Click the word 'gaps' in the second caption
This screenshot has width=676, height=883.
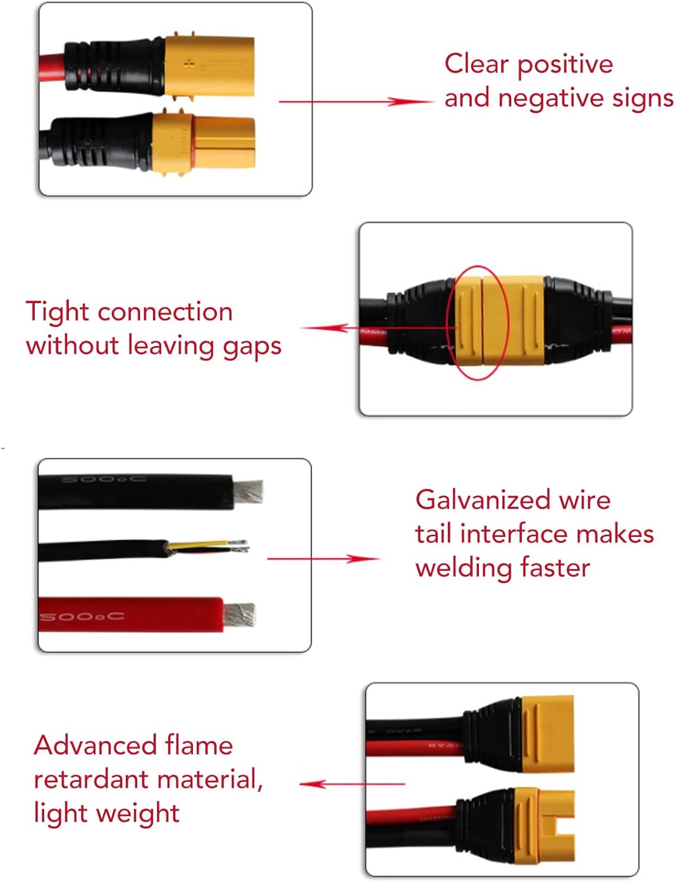(252, 346)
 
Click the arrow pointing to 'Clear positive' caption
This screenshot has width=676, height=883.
(356, 102)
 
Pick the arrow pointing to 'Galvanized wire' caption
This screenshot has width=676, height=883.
(324, 558)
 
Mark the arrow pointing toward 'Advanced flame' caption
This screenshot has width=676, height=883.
(352, 784)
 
